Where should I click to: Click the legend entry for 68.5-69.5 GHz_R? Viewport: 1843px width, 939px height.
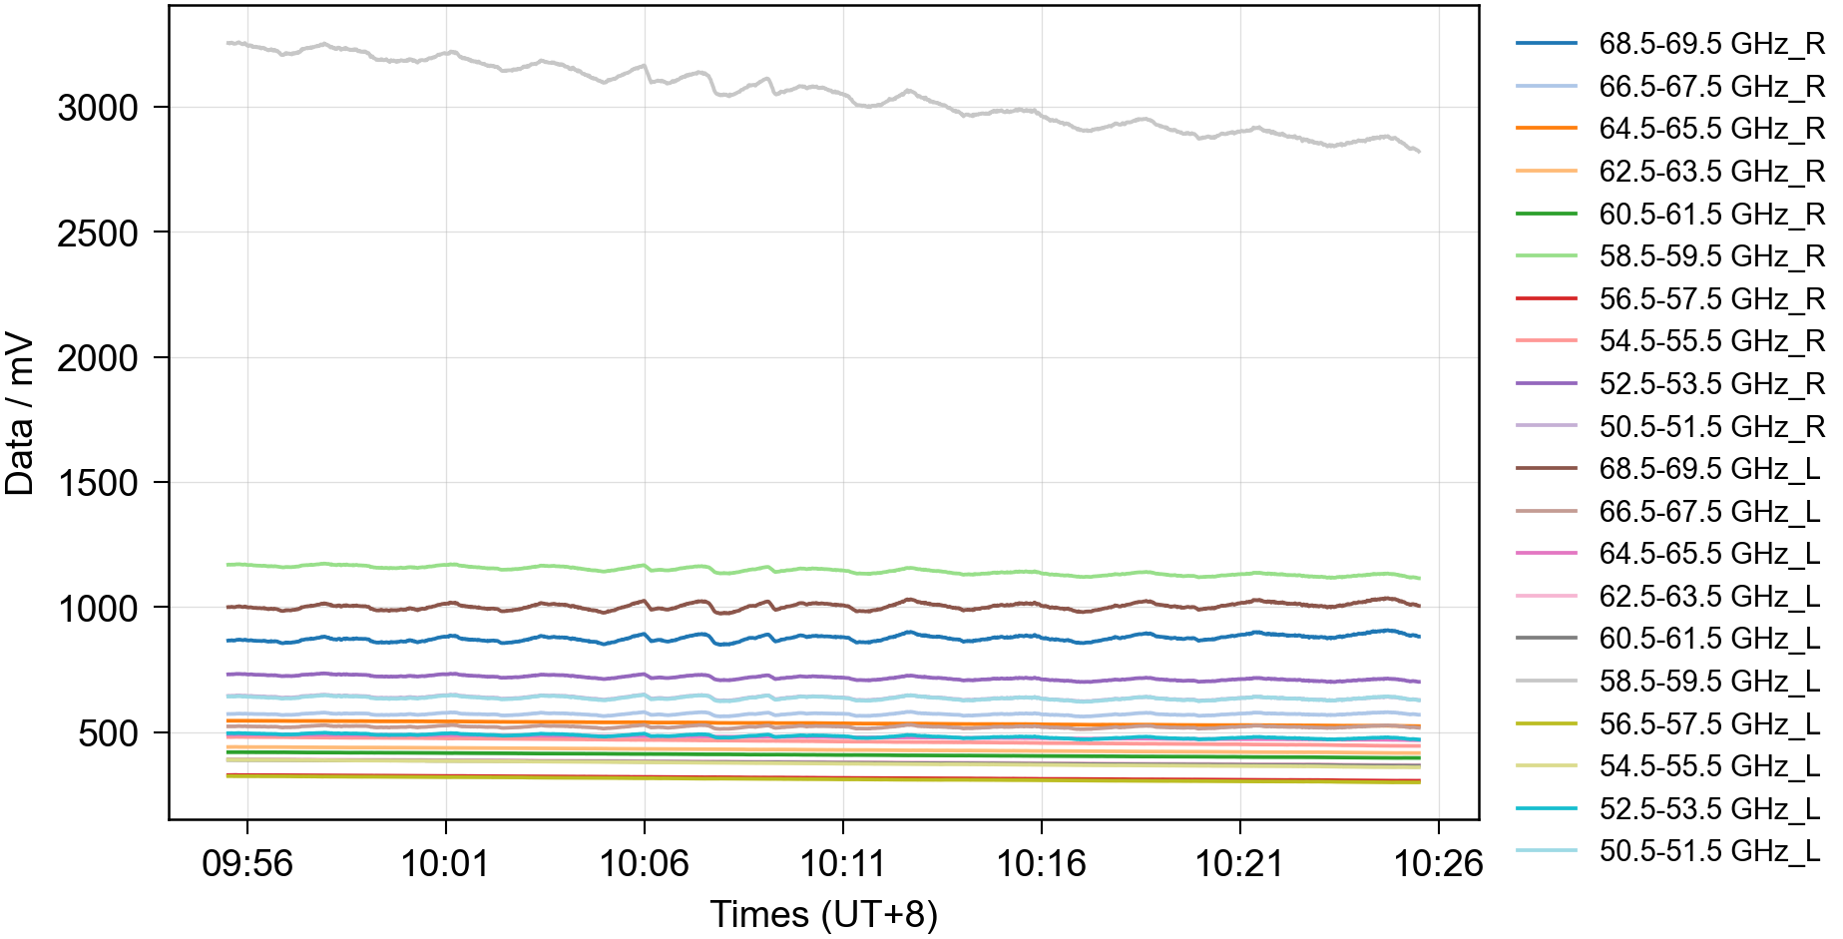(1669, 44)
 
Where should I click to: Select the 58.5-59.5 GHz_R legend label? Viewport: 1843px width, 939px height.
(1669, 256)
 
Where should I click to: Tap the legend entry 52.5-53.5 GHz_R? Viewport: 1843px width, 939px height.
(1669, 384)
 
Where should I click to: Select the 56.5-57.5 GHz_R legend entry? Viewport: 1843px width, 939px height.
(1669, 299)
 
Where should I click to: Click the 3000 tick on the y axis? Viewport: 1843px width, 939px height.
(98, 108)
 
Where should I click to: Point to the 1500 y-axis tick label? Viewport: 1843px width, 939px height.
(98, 483)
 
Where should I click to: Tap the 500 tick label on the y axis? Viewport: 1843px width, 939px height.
(109, 733)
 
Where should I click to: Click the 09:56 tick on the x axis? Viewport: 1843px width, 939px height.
(247, 863)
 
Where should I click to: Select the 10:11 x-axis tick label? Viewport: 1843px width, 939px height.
(843, 863)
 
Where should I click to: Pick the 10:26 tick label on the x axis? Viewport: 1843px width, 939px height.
(1438, 863)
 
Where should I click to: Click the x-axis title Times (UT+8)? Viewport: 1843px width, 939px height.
(824, 914)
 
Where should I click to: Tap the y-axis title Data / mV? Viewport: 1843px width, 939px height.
(20, 414)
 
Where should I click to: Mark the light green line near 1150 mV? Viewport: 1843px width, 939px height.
(823, 570)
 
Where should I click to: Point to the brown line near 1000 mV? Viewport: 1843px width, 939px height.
(823, 605)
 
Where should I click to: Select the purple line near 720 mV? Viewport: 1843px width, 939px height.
(823, 678)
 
